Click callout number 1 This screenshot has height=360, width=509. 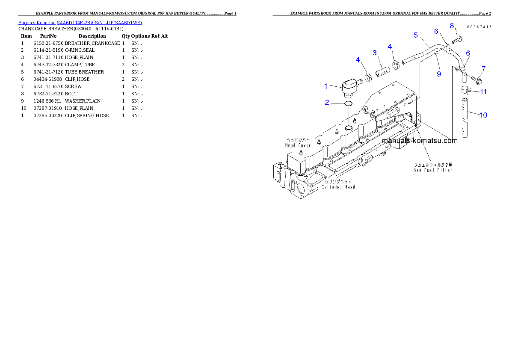pos(326,86)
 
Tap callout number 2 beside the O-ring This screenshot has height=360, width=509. pos(327,102)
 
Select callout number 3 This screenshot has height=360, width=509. pos(374,53)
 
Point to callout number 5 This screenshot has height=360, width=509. pos(415,35)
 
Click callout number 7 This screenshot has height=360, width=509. pos(483,69)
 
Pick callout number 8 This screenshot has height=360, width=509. pos(452,26)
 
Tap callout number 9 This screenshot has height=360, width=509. pos(438,74)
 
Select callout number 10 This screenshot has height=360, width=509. pos(483,115)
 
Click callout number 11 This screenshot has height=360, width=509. pos(483,91)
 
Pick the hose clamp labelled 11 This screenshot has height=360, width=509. pos(465,90)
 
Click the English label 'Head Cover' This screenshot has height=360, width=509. pos(298,145)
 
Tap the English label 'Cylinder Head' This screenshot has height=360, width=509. pos(338,187)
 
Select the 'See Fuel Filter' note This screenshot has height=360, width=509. pos(433,170)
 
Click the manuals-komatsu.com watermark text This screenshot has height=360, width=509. pos(420,141)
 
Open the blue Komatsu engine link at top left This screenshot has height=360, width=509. pos(80,22)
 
